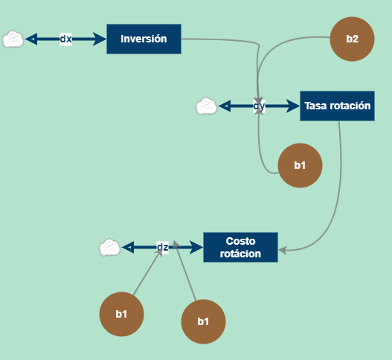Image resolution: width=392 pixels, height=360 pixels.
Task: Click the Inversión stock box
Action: pyautogui.click(x=144, y=39)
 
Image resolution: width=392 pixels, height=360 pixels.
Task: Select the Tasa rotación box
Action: pyautogui.click(x=337, y=106)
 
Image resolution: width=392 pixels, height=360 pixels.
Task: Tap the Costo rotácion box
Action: pyautogui.click(x=240, y=247)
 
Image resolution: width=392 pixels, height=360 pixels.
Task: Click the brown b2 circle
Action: pyautogui.click(x=352, y=39)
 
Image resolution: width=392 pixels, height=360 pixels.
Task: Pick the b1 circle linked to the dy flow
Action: pyautogui.click(x=300, y=165)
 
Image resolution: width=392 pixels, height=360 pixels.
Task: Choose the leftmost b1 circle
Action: pyautogui.click(x=121, y=314)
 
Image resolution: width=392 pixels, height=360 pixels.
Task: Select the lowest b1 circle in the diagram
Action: pyautogui.click(x=203, y=321)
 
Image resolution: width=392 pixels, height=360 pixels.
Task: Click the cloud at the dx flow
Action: pyautogui.click(x=13, y=39)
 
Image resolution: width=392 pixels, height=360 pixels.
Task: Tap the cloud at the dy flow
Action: pyautogui.click(x=206, y=106)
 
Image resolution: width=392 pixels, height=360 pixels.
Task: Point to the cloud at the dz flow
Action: pyautogui.click(x=109, y=247)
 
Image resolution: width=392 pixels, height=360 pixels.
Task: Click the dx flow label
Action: pyautogui.click(x=65, y=39)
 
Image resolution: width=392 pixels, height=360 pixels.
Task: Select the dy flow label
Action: pyautogui.click(x=259, y=106)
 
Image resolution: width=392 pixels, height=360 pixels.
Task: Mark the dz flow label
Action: pyautogui.click(x=162, y=247)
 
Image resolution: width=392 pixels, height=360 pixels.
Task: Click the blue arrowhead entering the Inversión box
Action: pyautogui.click(x=100, y=39)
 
